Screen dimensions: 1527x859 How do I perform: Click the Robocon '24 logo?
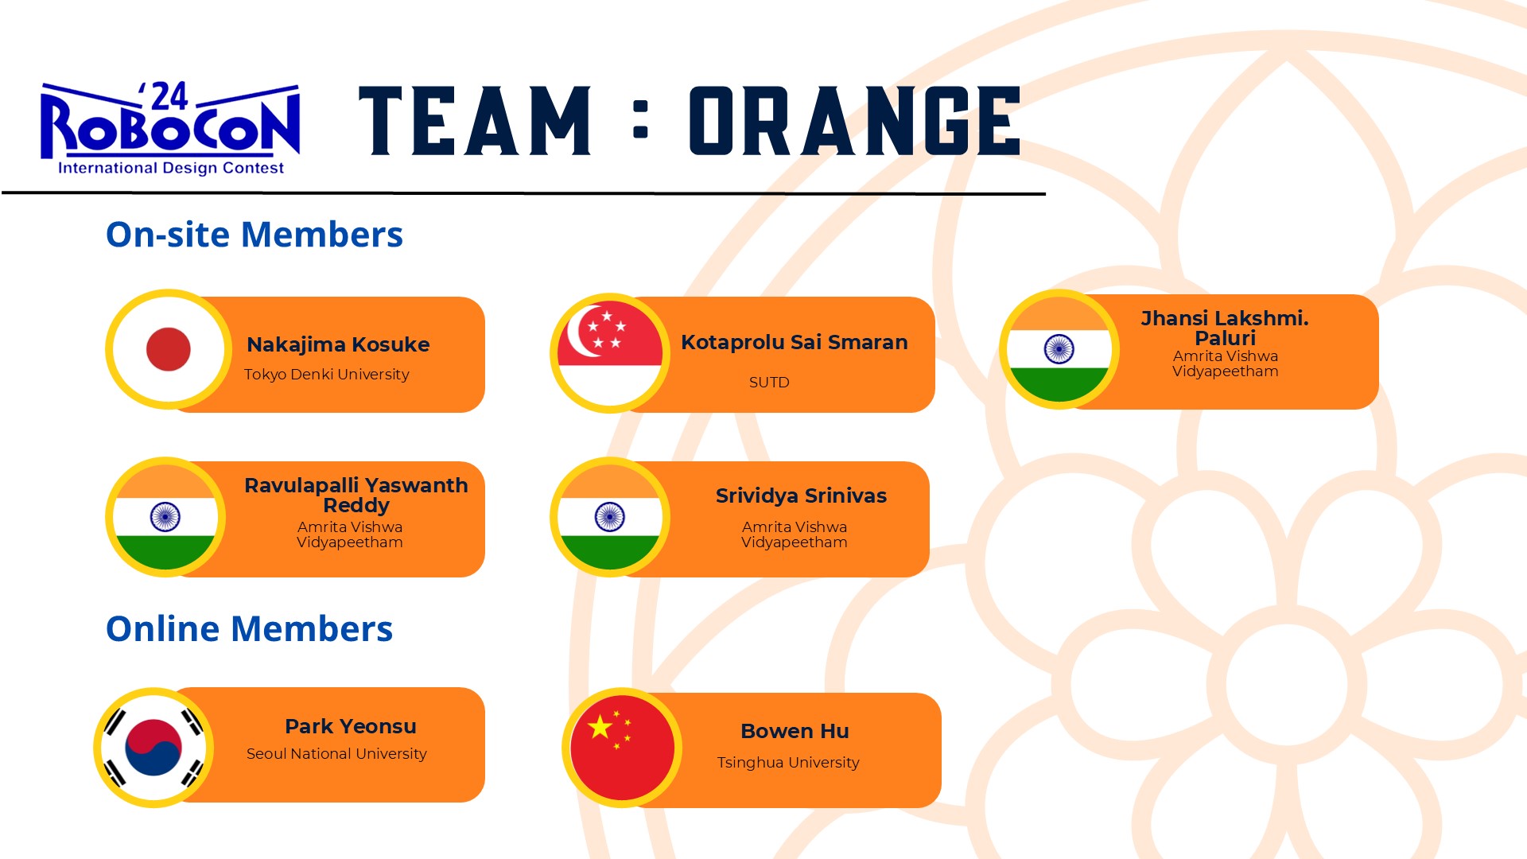(x=170, y=128)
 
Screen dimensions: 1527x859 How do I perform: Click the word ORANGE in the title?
(x=855, y=121)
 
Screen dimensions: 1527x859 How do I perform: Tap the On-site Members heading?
(x=254, y=235)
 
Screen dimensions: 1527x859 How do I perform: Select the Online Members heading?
(x=249, y=628)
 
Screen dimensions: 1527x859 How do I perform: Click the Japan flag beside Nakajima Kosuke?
(x=169, y=349)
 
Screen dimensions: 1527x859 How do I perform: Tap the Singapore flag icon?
(x=610, y=353)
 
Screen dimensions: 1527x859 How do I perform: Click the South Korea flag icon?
(x=153, y=748)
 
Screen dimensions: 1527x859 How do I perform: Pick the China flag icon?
(x=622, y=748)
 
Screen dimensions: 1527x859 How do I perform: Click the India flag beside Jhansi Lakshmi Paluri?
(x=1059, y=349)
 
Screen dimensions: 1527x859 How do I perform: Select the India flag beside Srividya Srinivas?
(x=610, y=517)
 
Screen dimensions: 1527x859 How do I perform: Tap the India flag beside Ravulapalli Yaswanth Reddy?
(x=165, y=517)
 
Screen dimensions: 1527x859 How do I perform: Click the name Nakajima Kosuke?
(x=338, y=344)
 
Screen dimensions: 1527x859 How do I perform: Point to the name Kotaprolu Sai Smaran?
(x=794, y=342)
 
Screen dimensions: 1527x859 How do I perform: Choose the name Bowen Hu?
(x=795, y=731)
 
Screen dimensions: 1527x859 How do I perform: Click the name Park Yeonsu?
(x=351, y=726)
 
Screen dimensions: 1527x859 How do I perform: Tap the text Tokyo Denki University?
(x=326, y=374)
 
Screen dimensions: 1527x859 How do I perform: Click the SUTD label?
(x=769, y=382)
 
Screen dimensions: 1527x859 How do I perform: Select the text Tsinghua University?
(x=788, y=762)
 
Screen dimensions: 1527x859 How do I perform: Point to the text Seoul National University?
(x=336, y=753)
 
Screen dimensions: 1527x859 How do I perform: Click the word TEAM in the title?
(x=475, y=121)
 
